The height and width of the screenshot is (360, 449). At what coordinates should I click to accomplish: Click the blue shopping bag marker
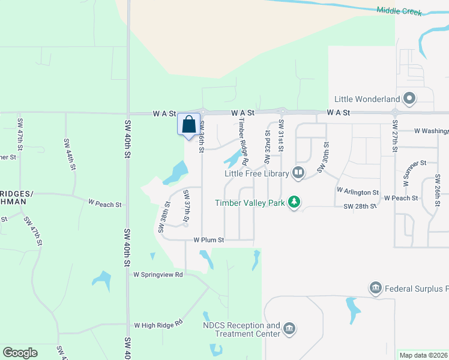point(188,124)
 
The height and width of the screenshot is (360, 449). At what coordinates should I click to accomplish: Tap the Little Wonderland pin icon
point(410,98)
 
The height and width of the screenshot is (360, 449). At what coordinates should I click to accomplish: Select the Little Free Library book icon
point(298,173)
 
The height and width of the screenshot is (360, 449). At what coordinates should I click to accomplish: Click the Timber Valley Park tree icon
point(294,202)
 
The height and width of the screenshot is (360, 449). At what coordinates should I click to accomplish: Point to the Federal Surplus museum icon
point(376,289)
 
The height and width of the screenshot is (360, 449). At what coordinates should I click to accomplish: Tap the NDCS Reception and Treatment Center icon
point(289,328)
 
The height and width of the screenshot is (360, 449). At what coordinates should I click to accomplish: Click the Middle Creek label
point(400,11)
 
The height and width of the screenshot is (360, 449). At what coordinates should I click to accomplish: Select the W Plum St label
point(208,239)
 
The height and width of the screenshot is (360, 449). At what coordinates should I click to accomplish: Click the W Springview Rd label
point(157,275)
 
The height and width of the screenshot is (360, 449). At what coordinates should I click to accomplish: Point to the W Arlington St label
point(358,192)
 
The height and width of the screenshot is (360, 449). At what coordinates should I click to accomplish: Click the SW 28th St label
point(360,206)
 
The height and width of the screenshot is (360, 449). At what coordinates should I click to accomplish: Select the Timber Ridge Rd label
point(243,140)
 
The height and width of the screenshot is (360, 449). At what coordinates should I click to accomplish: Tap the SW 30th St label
point(324,158)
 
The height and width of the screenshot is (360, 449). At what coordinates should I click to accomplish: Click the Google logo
point(20,353)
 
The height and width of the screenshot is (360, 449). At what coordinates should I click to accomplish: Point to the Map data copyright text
point(423,355)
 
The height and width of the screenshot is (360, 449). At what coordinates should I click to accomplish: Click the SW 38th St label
point(163,217)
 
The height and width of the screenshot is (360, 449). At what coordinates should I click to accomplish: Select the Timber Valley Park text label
point(250,203)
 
